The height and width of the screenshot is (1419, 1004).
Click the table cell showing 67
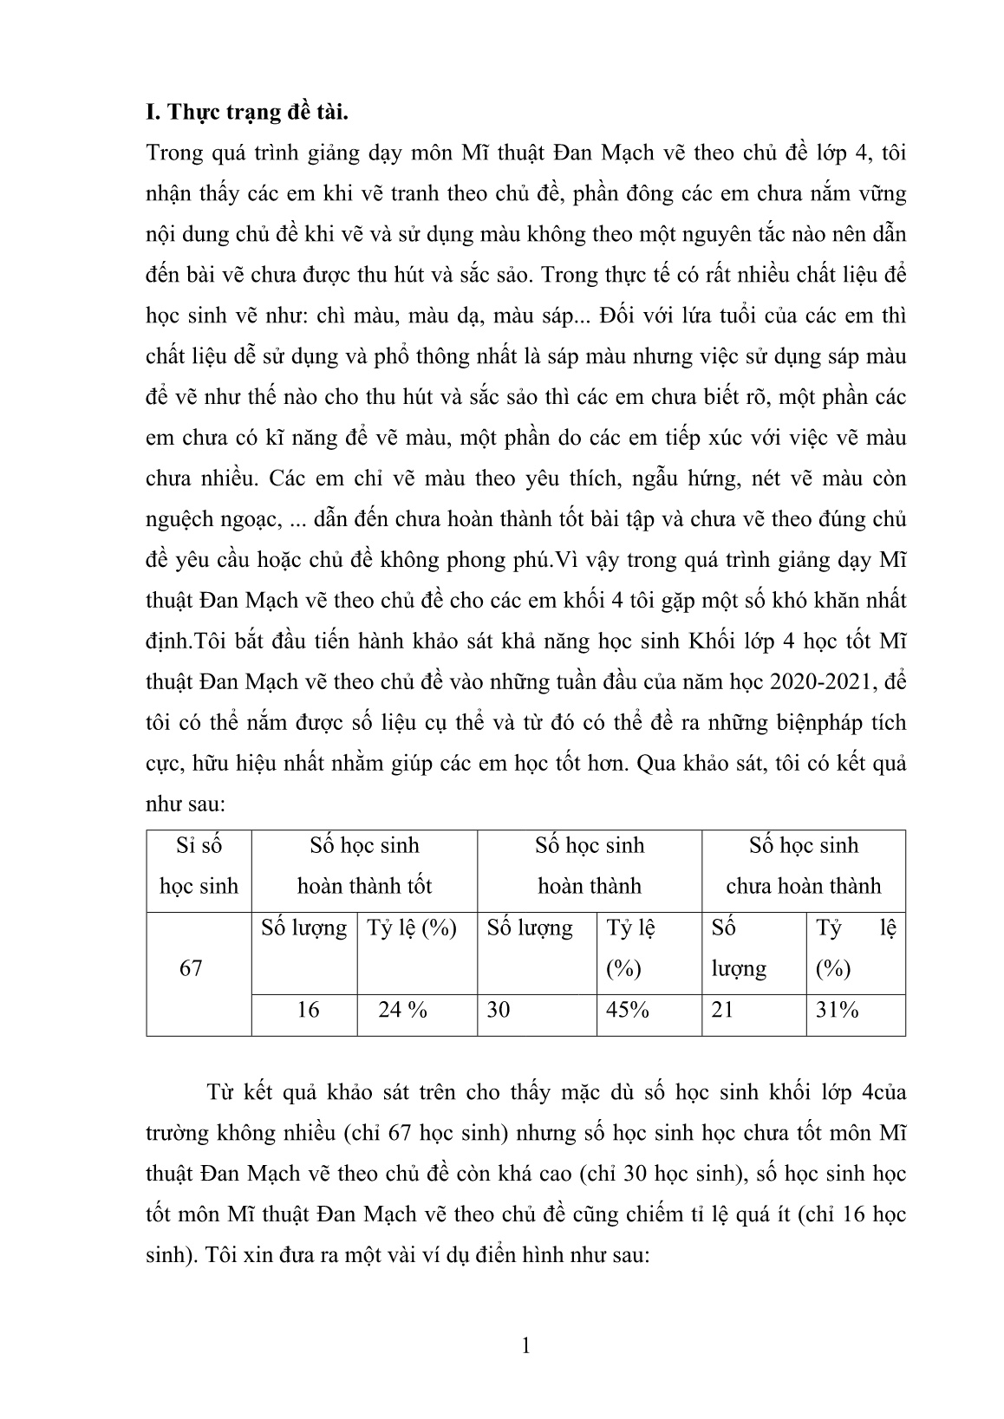191,968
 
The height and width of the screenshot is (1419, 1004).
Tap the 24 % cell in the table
403,1009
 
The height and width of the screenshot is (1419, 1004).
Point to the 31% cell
837,1009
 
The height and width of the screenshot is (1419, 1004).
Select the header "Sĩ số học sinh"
199,865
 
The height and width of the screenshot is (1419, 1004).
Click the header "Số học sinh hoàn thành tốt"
364,865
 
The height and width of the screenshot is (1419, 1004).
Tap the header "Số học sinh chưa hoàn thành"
803,865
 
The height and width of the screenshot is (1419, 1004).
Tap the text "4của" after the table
878,1091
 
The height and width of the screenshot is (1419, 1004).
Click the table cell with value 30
499,1009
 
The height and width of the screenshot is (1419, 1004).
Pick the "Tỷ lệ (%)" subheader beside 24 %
412,928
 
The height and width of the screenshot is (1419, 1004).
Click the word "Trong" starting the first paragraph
174,153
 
